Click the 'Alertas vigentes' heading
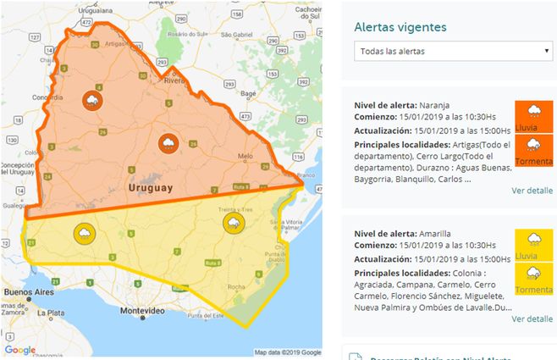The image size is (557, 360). pos(400,27)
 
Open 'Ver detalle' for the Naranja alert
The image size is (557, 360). pos(532,191)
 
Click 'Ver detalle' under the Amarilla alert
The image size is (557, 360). pos(532,318)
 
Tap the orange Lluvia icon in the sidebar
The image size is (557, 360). pos(533,116)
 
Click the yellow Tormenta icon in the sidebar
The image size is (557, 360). pos(533,278)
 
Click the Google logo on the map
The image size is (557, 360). pos(19,350)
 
